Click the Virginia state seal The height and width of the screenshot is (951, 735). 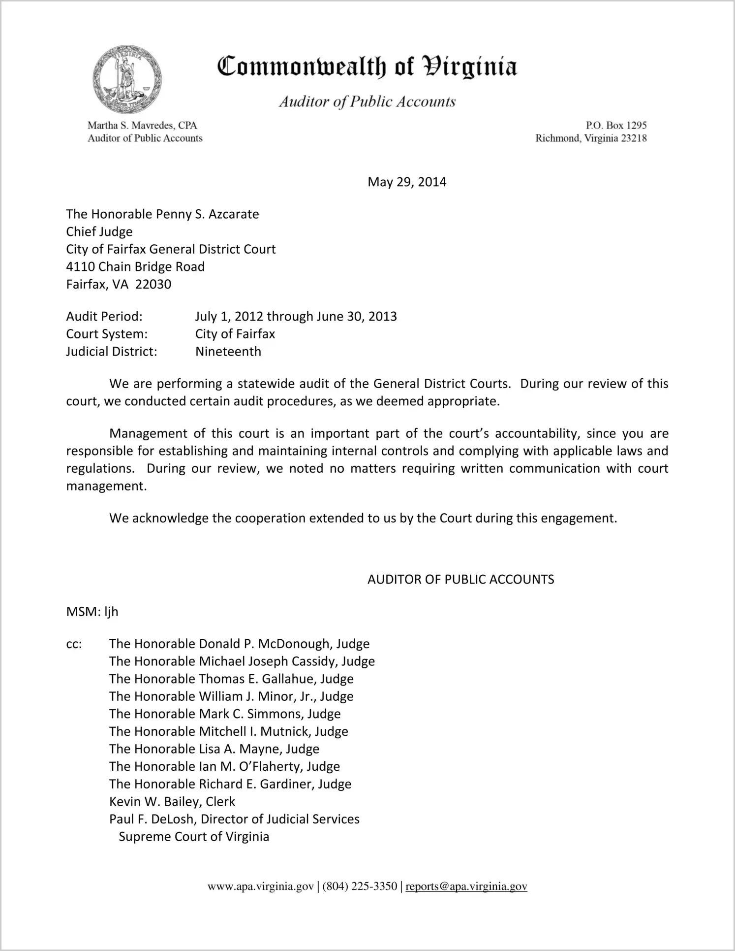[x=127, y=80]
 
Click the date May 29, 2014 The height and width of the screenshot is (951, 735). [x=407, y=182]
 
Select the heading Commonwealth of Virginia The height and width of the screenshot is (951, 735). [x=367, y=67]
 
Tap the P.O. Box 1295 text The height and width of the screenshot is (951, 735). [x=616, y=126]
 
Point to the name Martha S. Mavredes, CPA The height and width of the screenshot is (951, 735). [x=142, y=126]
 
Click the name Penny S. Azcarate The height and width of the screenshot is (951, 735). [x=207, y=214]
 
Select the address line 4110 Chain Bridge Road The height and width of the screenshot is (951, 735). [x=135, y=267]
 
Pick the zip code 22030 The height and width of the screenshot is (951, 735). [x=153, y=285]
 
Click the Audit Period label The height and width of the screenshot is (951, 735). [x=104, y=316]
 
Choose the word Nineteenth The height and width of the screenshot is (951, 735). [x=228, y=352]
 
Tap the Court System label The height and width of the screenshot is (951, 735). [x=107, y=334]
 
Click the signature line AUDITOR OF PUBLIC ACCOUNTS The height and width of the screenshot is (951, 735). [x=460, y=579]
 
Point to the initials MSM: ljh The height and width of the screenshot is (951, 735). [x=92, y=612]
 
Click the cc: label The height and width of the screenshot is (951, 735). [x=74, y=644]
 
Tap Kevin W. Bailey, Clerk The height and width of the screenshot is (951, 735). [x=172, y=802]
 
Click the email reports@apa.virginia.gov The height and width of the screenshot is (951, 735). [x=466, y=886]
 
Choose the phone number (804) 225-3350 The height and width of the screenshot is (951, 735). [x=360, y=886]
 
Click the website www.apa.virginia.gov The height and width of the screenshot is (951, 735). [x=260, y=886]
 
